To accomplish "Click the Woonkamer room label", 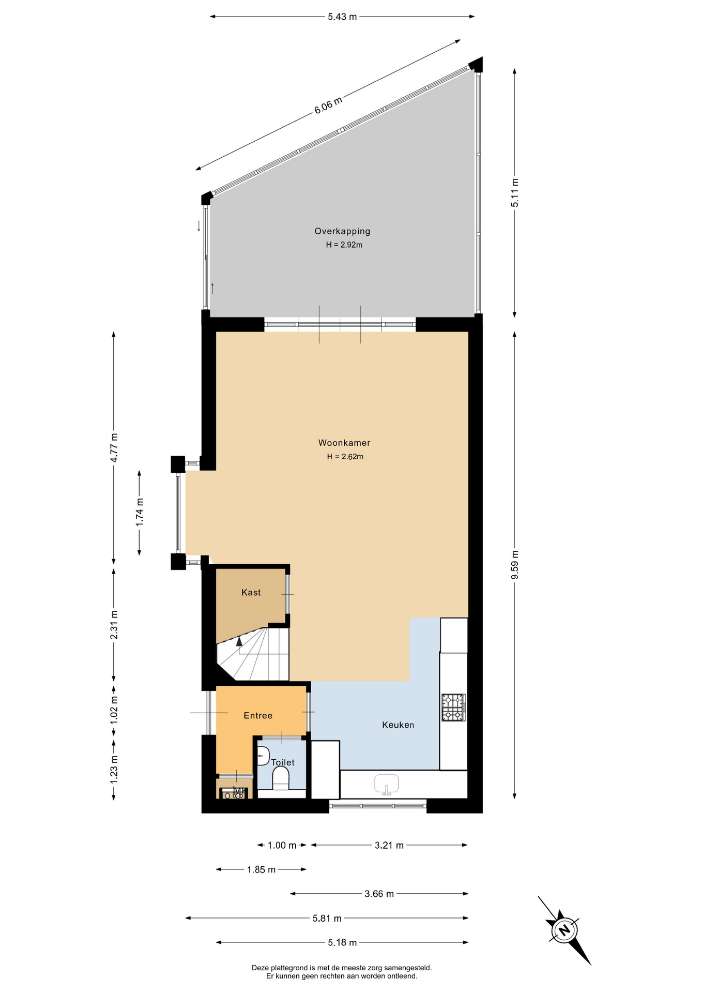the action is tap(344, 443).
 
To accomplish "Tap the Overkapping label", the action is tap(342, 232).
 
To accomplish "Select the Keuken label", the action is tap(398, 725).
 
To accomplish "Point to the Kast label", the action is tap(251, 593).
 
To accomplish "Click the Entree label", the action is tap(258, 716).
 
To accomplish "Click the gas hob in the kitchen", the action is tap(453, 708).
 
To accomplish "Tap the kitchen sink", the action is tap(386, 784).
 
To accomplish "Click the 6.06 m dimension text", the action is tap(328, 106).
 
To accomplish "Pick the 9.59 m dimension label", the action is tap(515, 565).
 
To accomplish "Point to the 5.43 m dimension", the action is tap(342, 17).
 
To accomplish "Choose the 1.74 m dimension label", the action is tap(140, 512).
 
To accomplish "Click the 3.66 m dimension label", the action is tap(379, 894).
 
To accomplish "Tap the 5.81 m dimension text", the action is tap(327, 919).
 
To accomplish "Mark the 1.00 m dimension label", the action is tap(282, 846).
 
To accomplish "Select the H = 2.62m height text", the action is tap(345, 457).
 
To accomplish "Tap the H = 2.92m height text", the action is tap(344, 245).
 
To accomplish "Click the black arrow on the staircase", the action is tap(239, 641).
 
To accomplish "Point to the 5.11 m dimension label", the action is tap(515, 193).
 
